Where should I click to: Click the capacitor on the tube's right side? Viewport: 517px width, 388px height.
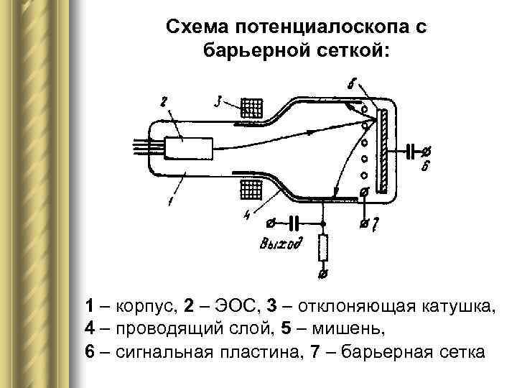tap(411, 151)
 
